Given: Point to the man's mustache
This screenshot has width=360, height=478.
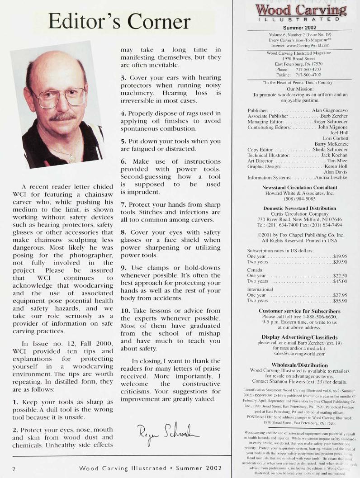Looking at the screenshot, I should pyautogui.click(x=62, y=117).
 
